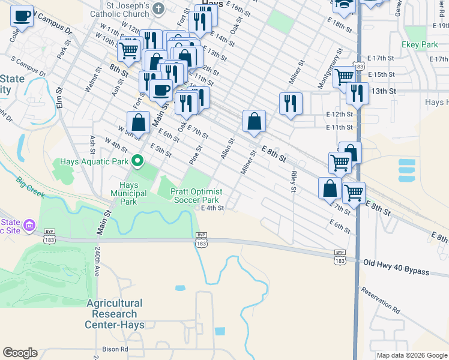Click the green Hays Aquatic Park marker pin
137,160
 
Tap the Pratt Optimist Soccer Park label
196,195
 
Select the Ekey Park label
420,44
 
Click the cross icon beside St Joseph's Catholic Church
158,8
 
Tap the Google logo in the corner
20,353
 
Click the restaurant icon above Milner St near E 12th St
291,103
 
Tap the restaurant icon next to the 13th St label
357,93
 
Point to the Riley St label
294,182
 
